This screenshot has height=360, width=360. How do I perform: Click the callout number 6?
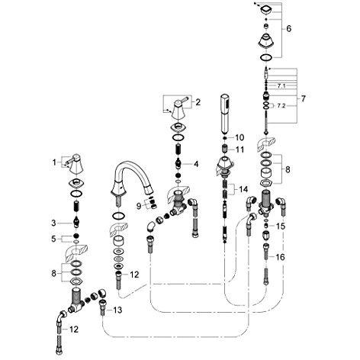tap(289, 28)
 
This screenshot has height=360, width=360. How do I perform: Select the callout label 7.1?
tap(281, 86)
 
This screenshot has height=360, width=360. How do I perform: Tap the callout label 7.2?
tap(281, 106)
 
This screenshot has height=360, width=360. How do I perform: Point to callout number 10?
tap(239, 137)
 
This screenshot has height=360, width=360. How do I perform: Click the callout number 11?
tap(239, 149)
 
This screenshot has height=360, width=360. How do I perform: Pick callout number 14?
tap(243, 189)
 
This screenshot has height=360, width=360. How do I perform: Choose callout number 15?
tap(281, 226)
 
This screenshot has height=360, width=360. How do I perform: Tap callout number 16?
tap(281, 257)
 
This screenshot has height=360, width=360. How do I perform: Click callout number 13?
tap(117, 310)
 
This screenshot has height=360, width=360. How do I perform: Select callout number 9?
tap(139, 206)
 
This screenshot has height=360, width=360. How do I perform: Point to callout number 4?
tap(196, 164)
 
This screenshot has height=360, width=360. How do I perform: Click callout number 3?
tap(53, 223)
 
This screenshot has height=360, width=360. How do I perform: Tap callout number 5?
tap(53, 239)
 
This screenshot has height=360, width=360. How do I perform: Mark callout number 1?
tap(54, 162)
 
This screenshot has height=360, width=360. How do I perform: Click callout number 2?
tap(198, 102)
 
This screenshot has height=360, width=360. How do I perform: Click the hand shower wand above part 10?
tap(225, 114)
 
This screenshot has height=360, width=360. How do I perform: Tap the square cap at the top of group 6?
tap(266, 10)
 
